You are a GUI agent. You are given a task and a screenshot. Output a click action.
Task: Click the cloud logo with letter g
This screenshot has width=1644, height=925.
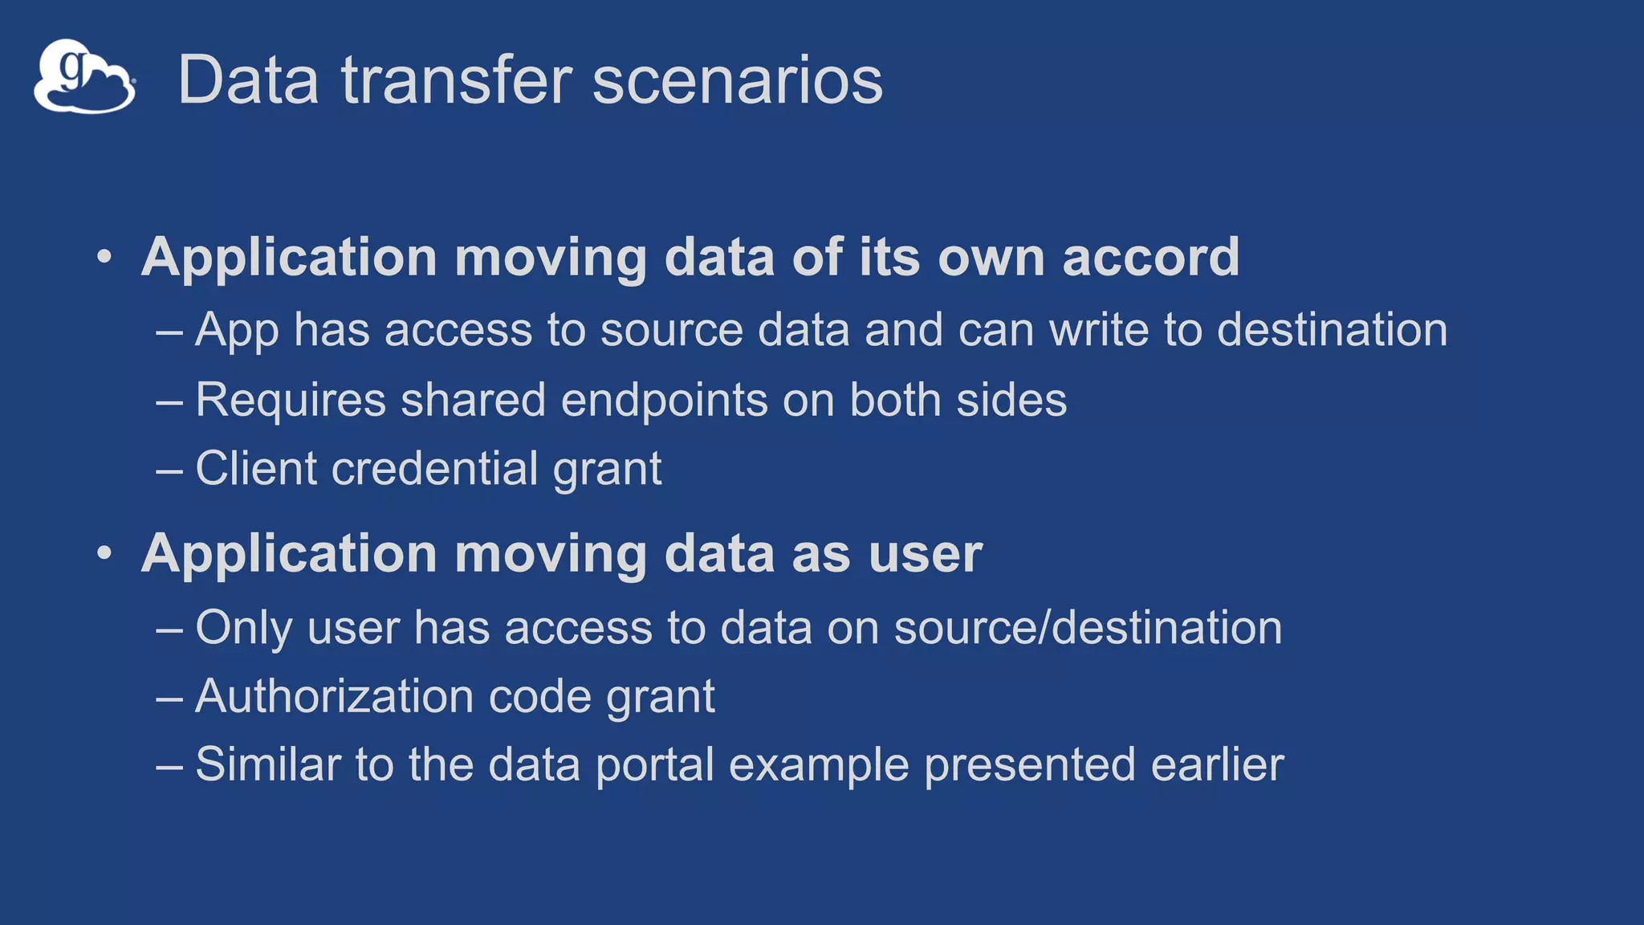coord(84,77)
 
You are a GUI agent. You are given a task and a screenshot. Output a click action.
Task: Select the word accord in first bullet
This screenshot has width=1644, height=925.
coord(1150,258)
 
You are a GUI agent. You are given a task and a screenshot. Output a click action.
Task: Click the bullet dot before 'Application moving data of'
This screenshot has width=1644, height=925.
coord(104,258)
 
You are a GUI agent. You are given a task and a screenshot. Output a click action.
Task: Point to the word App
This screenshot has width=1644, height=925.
coord(237,331)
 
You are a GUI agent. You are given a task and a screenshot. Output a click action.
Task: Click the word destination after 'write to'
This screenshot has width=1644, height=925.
coord(1332,330)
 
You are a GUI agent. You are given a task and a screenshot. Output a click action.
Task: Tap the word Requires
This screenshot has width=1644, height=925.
coord(291,400)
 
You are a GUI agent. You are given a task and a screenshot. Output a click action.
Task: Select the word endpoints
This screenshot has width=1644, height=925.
coord(664,400)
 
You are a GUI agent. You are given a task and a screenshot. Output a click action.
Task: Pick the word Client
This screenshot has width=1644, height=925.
coord(255,468)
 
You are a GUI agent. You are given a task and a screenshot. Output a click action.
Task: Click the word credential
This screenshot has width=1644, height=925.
coord(434,468)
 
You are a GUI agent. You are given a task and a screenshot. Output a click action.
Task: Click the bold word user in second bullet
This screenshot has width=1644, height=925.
coord(925,554)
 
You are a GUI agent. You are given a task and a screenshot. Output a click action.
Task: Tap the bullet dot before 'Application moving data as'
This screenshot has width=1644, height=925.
coord(104,554)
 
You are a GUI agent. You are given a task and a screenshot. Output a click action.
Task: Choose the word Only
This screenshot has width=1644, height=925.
coord(243,628)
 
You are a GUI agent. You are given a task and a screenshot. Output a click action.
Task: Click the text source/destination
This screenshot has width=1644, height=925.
coord(1088,627)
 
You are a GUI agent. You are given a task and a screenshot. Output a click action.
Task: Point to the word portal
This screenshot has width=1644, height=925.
coord(654,765)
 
